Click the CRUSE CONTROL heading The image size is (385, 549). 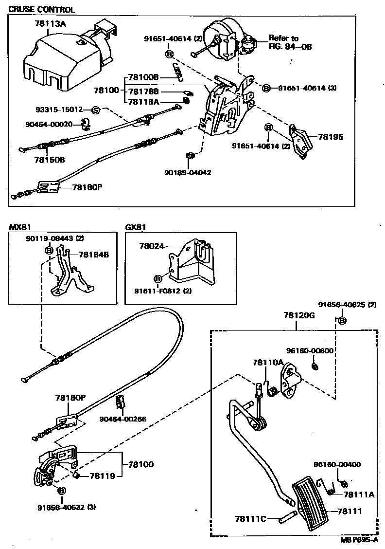42,10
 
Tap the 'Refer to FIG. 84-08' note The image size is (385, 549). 290,42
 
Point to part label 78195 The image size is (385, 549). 331,137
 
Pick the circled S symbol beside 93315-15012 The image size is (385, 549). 95,110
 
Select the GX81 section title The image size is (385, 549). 135,227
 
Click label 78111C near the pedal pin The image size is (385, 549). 250,519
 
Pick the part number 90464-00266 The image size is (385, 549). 122,419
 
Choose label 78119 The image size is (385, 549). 102,476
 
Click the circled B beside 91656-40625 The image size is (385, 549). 342,320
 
